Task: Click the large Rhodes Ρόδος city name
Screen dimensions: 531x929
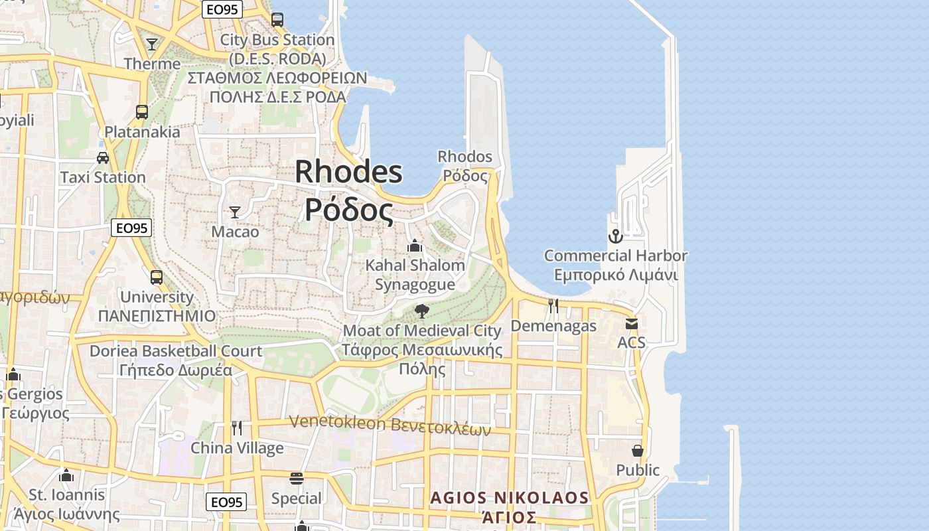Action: pos(348,190)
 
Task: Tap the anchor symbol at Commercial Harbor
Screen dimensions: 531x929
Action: pos(616,236)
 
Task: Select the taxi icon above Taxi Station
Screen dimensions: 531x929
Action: pos(103,158)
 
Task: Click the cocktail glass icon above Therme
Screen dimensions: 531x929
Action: pos(152,44)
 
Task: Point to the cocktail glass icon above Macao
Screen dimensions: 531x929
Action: pos(235,212)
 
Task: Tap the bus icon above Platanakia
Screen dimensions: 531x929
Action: pos(142,112)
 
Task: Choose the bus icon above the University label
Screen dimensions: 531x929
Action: pos(157,277)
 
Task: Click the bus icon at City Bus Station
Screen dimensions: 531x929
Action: pos(277,20)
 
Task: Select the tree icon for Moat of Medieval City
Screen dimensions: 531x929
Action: pos(421,311)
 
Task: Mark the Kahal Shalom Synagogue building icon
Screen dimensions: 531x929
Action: pos(415,246)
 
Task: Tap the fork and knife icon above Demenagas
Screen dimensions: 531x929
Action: pos(553,306)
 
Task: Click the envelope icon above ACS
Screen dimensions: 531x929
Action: pos(631,324)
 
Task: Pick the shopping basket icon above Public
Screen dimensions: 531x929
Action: pos(638,451)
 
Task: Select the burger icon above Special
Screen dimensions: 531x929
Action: pos(297,479)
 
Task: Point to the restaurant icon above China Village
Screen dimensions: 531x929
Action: pos(237,428)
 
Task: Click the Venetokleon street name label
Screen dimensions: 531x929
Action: pos(390,425)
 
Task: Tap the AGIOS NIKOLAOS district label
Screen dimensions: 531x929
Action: pos(509,498)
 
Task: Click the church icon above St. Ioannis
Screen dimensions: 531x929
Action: pos(66,475)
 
